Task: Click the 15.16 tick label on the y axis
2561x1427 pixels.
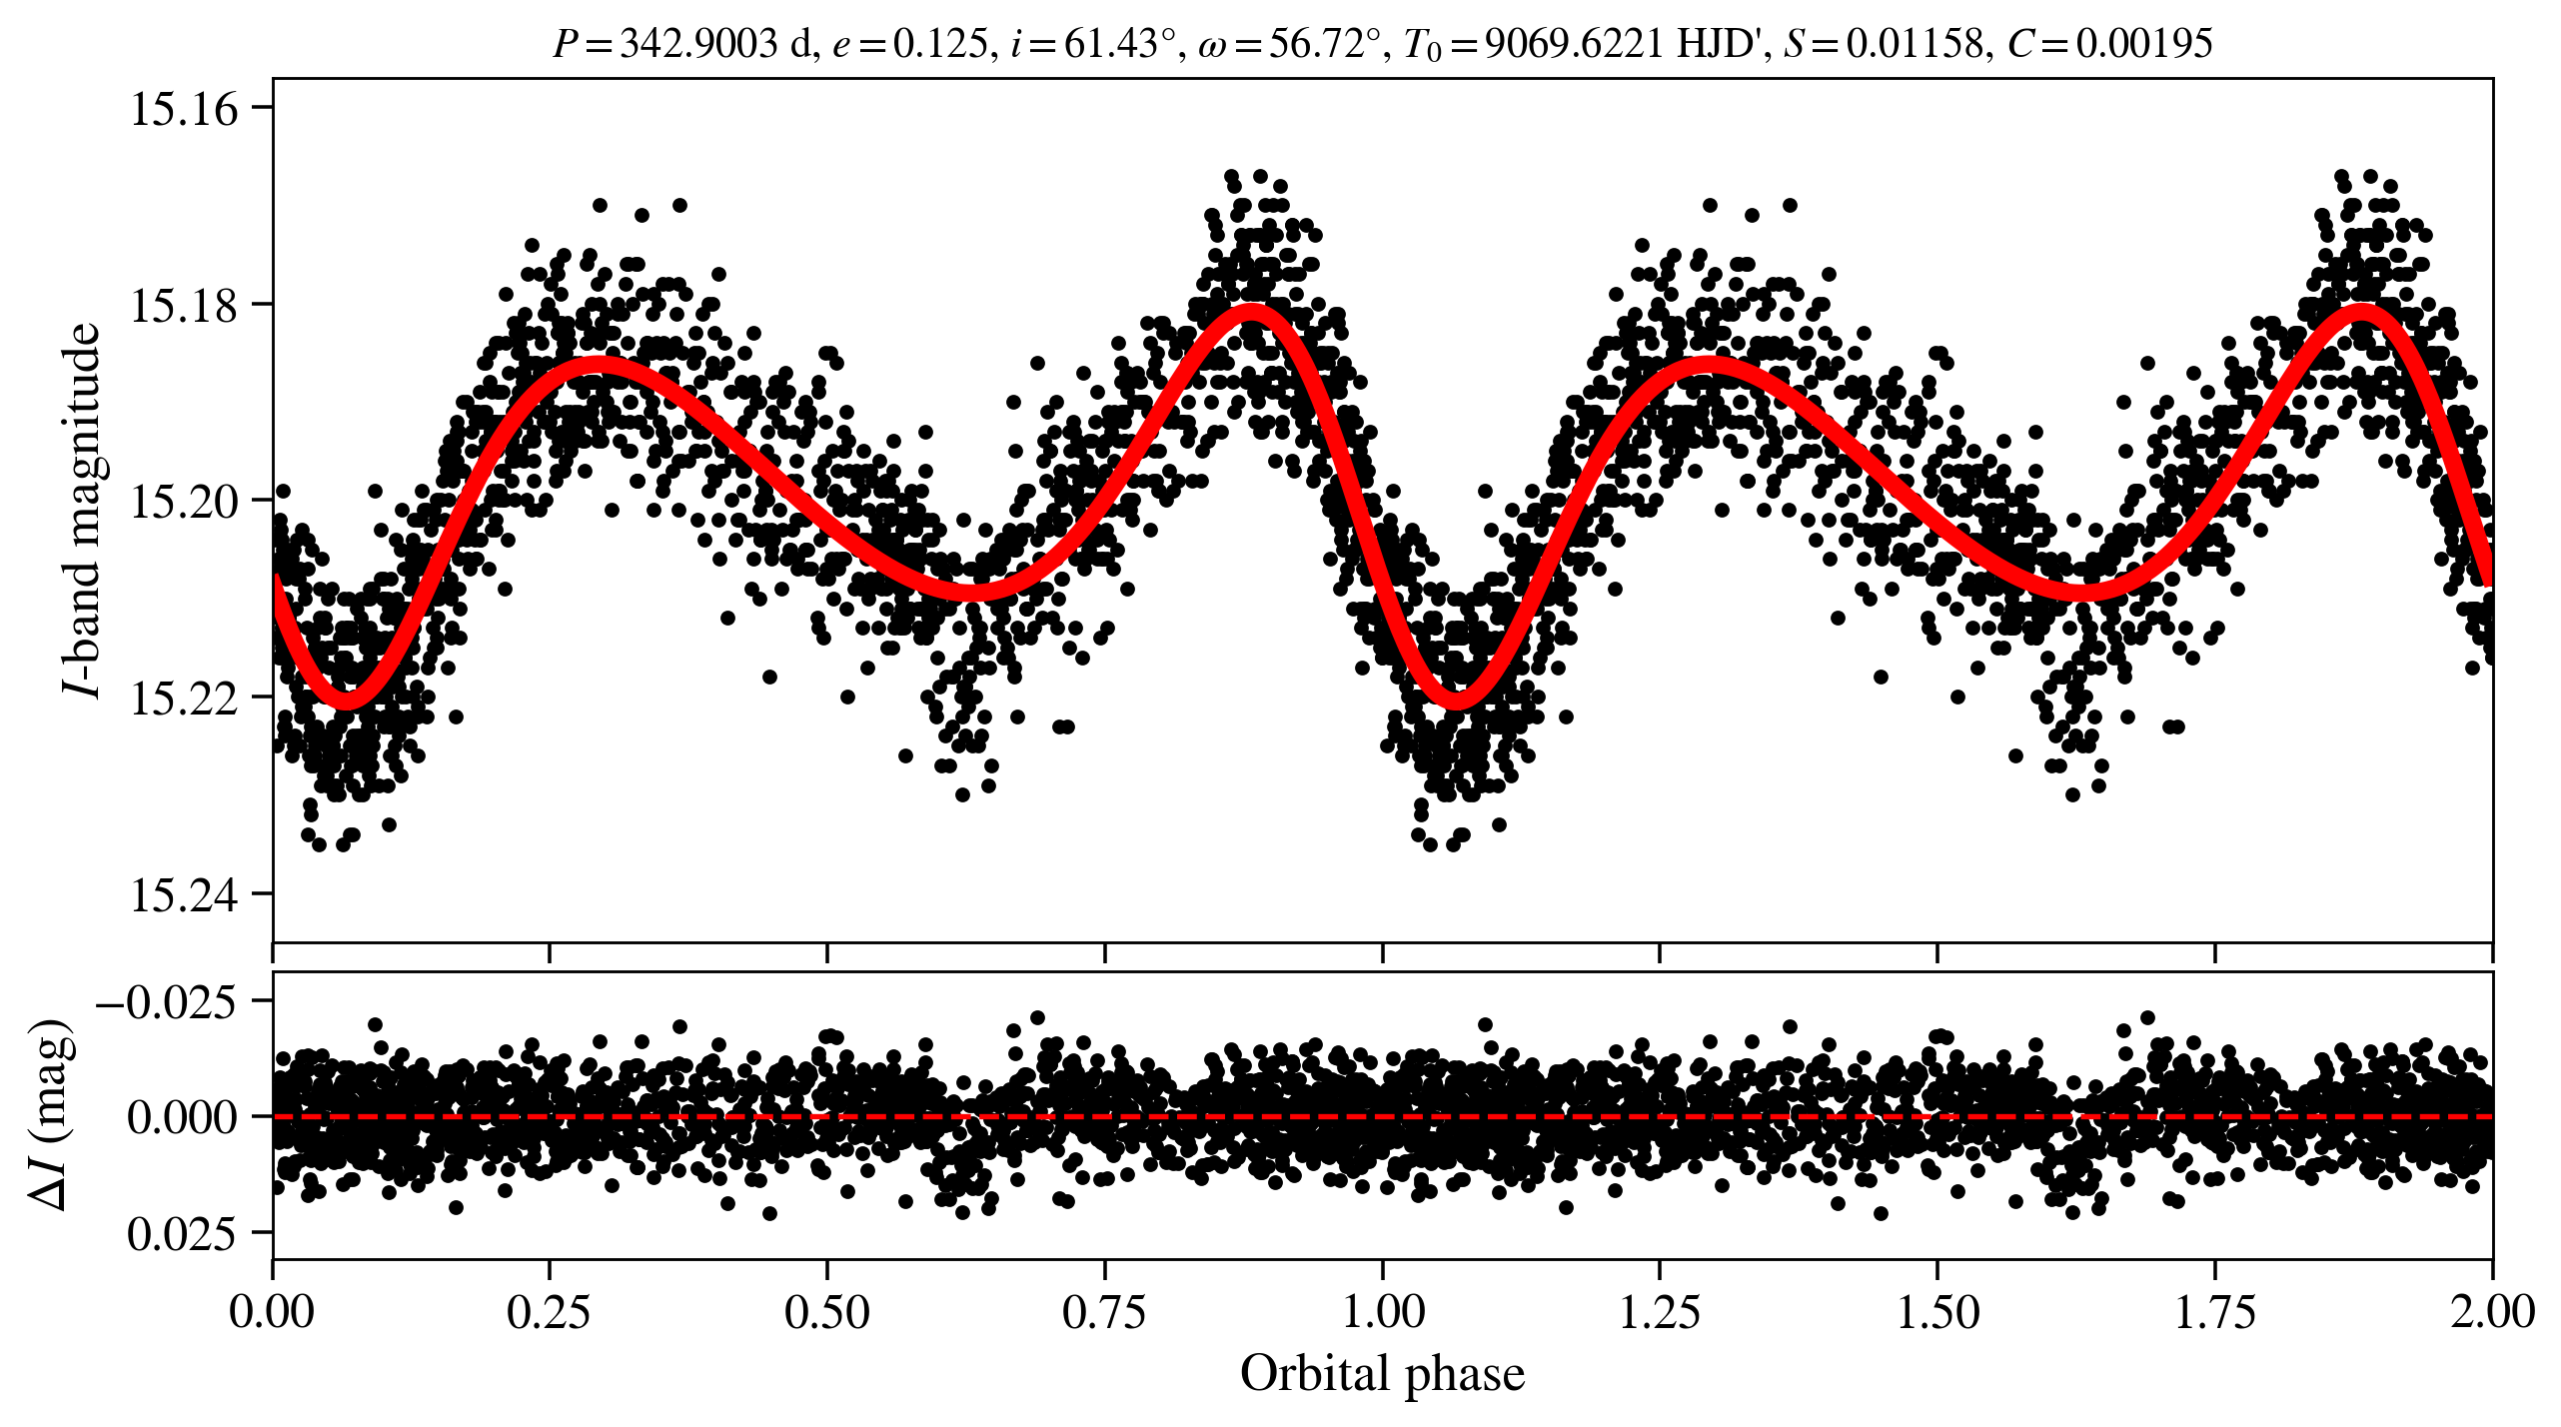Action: tap(185, 109)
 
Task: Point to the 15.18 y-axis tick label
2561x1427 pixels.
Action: tap(185, 305)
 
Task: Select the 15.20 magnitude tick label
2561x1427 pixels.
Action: tap(185, 502)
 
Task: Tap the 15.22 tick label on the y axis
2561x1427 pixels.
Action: tap(185, 698)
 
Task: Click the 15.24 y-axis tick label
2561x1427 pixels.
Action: tap(185, 894)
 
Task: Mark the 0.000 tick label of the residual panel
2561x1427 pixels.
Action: tap(182, 1117)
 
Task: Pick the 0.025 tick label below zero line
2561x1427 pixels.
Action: tap(182, 1235)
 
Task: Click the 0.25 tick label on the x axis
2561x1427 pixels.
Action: tap(550, 1311)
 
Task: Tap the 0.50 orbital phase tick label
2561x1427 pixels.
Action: tap(827, 1311)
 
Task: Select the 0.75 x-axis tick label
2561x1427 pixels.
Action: tap(1104, 1311)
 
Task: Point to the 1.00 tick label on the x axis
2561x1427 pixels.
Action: tap(1383, 1311)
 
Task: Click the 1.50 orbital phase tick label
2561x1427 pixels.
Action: tap(1937, 1311)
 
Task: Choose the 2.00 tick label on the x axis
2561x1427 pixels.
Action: tap(2492, 1311)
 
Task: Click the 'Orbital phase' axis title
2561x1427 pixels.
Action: tap(1383, 1374)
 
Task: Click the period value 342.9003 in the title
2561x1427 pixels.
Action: tap(698, 44)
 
